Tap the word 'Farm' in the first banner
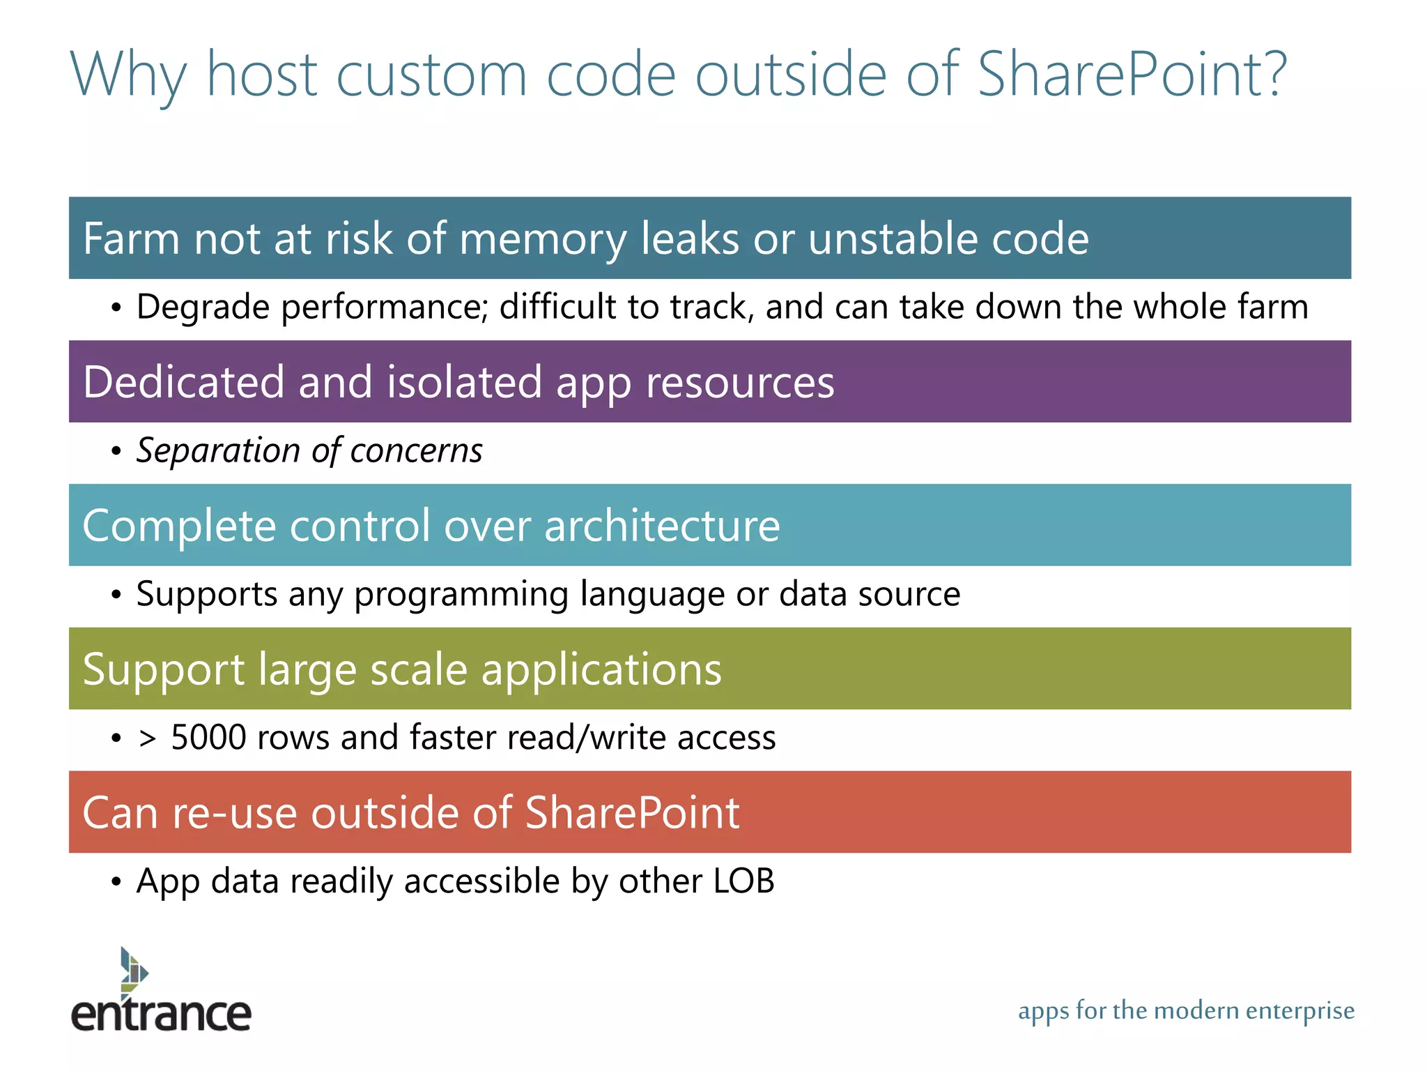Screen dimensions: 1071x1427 (132, 238)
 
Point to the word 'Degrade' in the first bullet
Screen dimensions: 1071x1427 (203, 307)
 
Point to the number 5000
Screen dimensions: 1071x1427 (208, 738)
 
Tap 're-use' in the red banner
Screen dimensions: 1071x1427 (234, 813)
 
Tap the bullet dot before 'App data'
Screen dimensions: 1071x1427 (116, 882)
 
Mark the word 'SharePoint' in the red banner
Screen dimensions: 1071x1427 (631, 813)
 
